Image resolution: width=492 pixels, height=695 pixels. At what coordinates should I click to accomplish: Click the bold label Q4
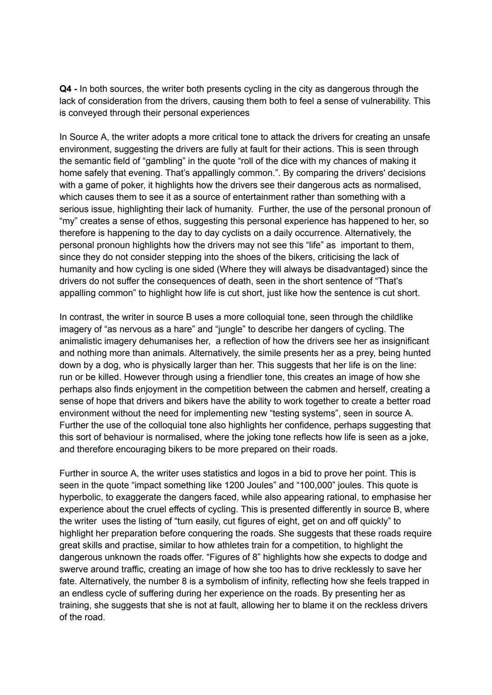pos(66,89)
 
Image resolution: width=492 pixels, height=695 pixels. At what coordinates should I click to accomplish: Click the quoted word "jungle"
pos(232,329)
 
